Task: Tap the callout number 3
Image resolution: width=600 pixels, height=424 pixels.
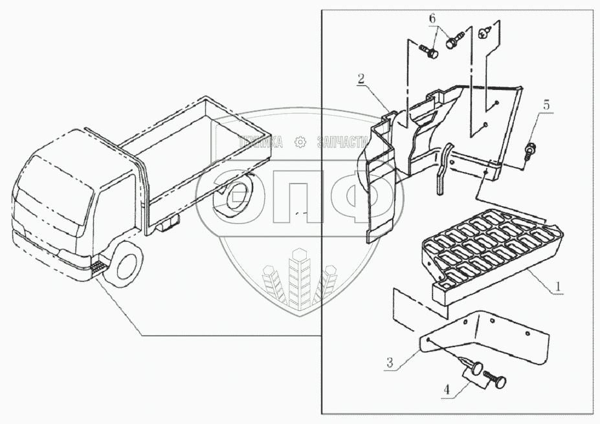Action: pos(390,363)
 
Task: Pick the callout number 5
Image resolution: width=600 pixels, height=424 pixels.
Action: pos(546,104)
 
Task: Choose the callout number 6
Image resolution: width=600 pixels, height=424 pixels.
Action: pos(432,19)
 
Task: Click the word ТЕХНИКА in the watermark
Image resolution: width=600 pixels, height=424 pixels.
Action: pos(260,143)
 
